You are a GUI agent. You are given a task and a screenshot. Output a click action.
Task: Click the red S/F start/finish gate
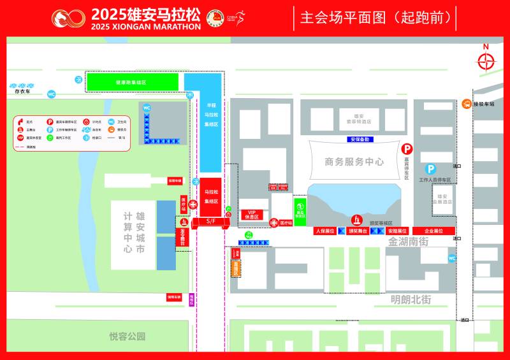(x=211, y=221)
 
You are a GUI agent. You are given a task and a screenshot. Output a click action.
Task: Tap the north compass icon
(x=486, y=61)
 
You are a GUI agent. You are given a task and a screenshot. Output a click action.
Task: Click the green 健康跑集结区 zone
(x=132, y=82)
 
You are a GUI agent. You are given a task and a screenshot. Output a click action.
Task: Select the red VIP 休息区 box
(x=251, y=214)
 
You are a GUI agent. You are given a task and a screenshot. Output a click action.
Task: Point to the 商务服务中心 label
(x=354, y=162)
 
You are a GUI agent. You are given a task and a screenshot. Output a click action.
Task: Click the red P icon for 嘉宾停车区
(x=406, y=149)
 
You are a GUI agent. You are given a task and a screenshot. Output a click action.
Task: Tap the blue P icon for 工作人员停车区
(x=430, y=169)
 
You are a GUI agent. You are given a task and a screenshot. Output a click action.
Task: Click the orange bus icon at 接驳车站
(x=467, y=104)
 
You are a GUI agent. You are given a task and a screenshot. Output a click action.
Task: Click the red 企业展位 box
(x=433, y=231)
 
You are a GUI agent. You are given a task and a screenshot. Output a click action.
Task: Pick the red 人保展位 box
(x=325, y=231)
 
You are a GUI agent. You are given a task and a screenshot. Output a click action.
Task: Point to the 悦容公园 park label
(x=127, y=336)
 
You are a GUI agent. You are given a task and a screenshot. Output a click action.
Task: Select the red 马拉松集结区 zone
(x=211, y=196)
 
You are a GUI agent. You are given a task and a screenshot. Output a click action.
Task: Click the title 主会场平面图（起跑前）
(x=375, y=18)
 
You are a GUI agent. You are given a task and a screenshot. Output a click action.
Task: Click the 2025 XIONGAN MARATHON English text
(x=145, y=27)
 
